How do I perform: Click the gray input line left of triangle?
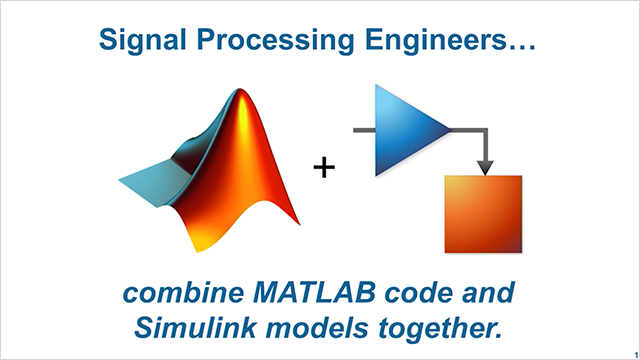tap(363, 129)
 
